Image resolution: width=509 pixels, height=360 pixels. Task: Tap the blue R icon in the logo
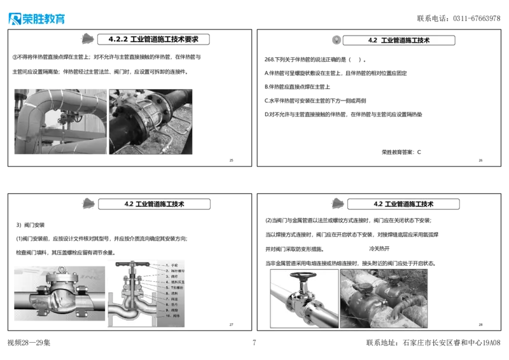pos(13,18)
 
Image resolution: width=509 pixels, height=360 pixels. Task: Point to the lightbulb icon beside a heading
pos(335,39)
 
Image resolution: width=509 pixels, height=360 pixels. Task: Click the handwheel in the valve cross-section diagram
pos(132,264)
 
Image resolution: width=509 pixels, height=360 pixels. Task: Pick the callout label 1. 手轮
pos(172,265)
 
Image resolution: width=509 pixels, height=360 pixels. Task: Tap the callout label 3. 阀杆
pos(171,277)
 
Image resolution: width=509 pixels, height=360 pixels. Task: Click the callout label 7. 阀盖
pos(171,298)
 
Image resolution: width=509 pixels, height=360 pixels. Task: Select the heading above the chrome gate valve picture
pos(403,204)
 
